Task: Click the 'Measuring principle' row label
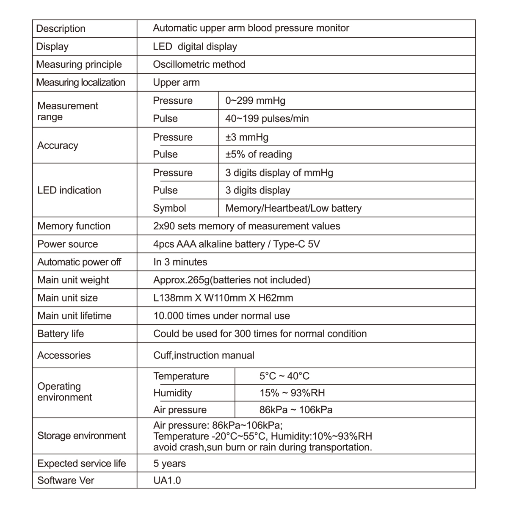point(79,64)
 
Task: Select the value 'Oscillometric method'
point(199,64)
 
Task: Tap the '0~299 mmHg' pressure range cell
point(255,101)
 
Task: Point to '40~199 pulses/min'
point(267,119)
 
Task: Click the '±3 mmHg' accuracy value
point(247,137)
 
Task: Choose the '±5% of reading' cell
point(258,154)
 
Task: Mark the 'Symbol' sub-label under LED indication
point(169,208)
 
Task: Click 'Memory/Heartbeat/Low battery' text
point(293,208)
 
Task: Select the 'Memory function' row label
point(74,226)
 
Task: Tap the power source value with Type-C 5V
point(236,244)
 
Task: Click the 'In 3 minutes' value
point(180,262)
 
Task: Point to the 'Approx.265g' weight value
point(232,280)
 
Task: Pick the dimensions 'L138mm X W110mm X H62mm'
point(223,298)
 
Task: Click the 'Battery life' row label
point(61,334)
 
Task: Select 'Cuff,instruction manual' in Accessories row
point(204,355)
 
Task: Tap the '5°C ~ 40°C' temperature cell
point(284,376)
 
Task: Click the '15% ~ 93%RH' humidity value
point(292,393)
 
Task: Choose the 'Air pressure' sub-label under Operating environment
point(180,410)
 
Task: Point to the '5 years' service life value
point(169,464)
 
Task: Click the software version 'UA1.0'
point(167,480)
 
